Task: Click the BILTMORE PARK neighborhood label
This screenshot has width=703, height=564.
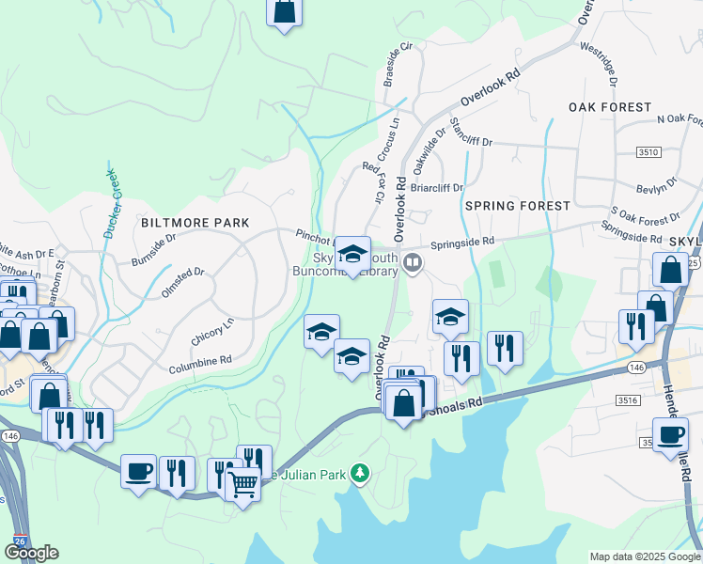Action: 195,223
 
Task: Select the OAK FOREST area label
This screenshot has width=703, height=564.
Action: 610,108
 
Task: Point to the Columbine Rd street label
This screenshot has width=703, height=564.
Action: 199,361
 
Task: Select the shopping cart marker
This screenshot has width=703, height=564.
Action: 243,484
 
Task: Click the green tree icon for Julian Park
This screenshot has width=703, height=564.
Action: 358,472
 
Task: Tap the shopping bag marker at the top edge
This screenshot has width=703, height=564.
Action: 284,11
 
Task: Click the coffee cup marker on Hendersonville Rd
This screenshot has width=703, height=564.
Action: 671,435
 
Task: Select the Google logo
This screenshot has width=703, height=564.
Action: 31,553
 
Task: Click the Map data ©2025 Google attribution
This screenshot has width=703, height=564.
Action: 645,556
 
